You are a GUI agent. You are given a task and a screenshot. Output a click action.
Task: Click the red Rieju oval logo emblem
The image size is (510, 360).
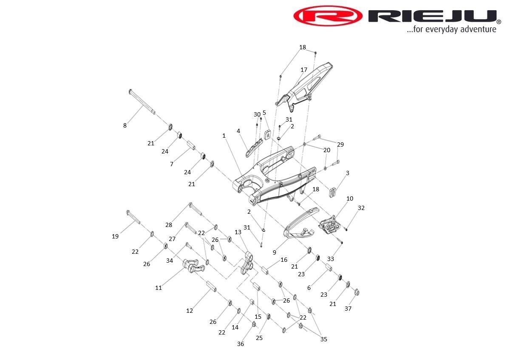(328, 16)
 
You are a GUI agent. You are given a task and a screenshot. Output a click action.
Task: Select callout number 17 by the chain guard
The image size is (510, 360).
(304, 70)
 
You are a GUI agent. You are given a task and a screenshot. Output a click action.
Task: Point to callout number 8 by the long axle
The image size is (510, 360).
(125, 125)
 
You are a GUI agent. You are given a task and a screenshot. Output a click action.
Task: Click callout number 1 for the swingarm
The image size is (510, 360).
(224, 136)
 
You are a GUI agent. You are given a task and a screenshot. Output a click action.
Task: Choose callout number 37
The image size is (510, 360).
(348, 308)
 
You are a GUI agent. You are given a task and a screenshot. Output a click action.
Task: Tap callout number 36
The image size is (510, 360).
(241, 344)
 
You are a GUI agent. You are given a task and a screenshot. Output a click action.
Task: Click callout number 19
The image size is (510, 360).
(115, 236)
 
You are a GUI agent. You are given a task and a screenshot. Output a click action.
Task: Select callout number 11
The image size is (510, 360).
(159, 288)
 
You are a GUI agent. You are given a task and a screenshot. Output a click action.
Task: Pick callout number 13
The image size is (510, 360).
(238, 232)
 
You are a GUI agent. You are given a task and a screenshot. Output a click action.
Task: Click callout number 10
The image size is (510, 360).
(350, 198)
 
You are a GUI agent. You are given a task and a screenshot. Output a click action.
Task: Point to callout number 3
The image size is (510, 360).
(348, 173)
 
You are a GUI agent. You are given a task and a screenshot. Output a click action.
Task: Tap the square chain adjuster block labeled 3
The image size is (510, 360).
(333, 192)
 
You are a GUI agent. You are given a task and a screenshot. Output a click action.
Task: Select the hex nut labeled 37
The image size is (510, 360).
(357, 292)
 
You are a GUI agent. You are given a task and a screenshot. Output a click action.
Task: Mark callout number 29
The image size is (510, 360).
(340, 145)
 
